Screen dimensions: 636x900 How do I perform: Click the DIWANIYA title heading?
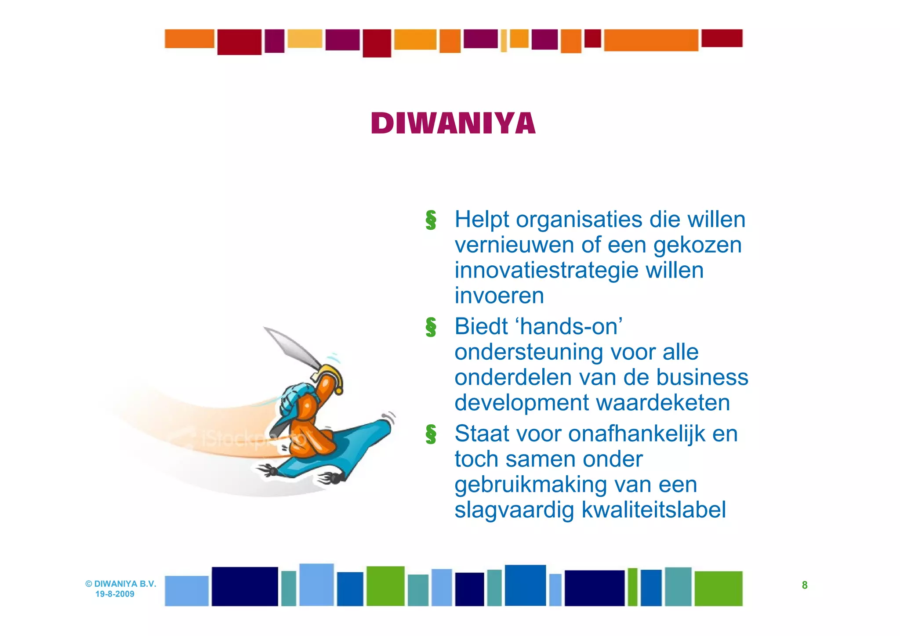pos(453,123)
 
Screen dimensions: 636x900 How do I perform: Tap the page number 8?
pos(804,585)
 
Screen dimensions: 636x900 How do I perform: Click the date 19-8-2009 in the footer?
pos(115,594)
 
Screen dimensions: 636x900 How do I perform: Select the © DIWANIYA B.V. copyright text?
pos(121,584)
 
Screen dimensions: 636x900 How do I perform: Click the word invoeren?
pos(499,296)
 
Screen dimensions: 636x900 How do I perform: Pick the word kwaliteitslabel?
pos(653,510)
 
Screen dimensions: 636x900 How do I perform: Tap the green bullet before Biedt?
pos(431,328)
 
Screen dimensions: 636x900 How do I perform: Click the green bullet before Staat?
pos(431,434)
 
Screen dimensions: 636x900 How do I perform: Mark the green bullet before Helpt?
pos(431,220)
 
